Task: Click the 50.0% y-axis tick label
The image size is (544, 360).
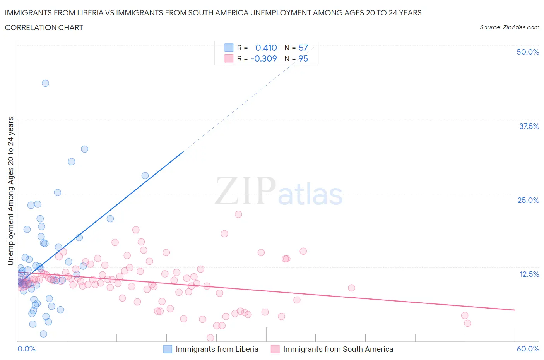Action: click(x=528, y=52)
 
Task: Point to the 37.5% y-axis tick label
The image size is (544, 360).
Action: click(x=529, y=126)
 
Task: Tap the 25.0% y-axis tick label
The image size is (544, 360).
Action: click(x=528, y=200)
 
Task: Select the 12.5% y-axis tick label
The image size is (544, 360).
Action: click(x=529, y=274)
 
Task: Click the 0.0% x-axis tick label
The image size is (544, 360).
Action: click(x=27, y=349)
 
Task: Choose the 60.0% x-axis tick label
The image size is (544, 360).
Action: click(x=528, y=349)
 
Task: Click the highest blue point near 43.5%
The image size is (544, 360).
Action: click(x=45, y=83)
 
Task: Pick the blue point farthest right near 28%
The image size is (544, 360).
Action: click(x=145, y=176)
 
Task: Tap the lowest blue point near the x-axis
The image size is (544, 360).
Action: click(x=44, y=334)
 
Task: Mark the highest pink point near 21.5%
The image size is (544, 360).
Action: click(x=238, y=214)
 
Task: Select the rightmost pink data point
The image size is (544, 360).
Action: click(x=468, y=323)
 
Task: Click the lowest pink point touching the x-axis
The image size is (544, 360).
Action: click(x=210, y=338)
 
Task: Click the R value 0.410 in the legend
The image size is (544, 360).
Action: click(x=266, y=48)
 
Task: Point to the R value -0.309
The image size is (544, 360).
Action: click(x=264, y=58)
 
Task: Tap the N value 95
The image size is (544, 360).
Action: click(x=303, y=58)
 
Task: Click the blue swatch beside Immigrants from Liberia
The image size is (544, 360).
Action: click(x=168, y=349)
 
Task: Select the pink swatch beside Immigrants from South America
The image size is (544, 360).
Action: click(x=275, y=349)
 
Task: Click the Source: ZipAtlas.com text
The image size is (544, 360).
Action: click(x=509, y=27)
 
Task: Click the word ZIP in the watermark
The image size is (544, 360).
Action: click(x=245, y=191)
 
